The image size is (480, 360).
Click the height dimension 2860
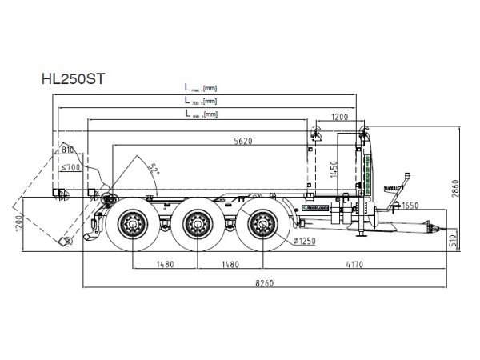pyautogui.click(x=455, y=189)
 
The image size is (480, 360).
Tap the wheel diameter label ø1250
pyautogui.click(x=303, y=241)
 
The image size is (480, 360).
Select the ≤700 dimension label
pyautogui.click(x=71, y=168)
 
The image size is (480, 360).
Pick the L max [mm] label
pyautogui.click(x=200, y=87)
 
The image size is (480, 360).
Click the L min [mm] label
pyautogui.click(x=200, y=115)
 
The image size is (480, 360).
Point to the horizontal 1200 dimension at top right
pyautogui.click(x=340, y=118)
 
